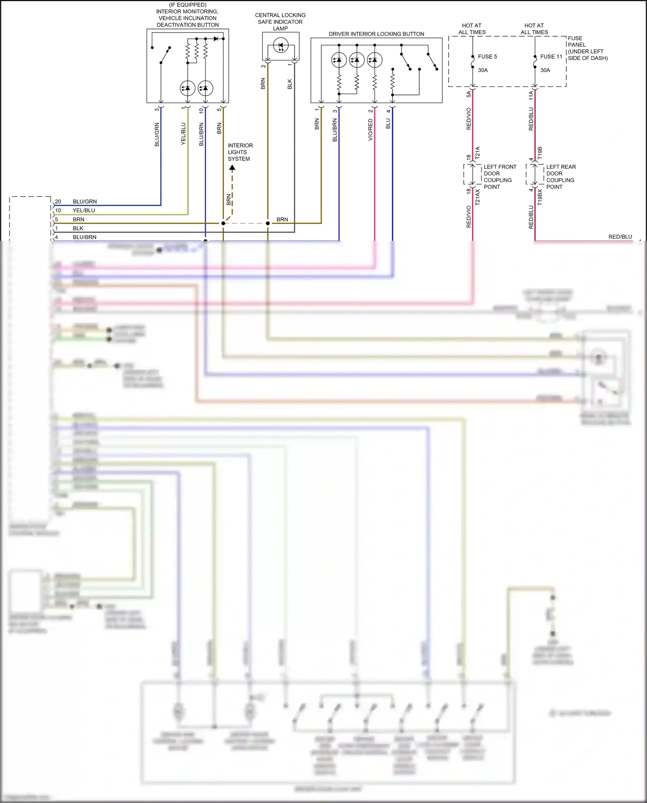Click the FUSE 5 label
(x=487, y=57)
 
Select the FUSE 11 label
(x=551, y=57)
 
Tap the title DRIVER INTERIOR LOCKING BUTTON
(x=376, y=34)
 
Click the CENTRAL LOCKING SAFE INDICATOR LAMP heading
(x=280, y=22)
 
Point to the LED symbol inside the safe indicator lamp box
(x=281, y=45)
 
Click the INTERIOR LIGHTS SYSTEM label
(x=240, y=152)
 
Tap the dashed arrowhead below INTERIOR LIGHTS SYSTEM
(x=232, y=167)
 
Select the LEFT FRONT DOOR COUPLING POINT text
(x=499, y=176)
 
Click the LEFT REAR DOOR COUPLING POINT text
(x=561, y=176)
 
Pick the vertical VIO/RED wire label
(x=370, y=130)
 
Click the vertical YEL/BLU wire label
(x=183, y=133)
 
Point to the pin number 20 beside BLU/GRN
(x=58, y=202)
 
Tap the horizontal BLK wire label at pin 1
(x=78, y=228)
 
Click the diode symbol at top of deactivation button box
(x=216, y=38)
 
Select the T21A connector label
(x=477, y=153)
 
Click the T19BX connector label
(x=540, y=197)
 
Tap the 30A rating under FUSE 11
(x=545, y=70)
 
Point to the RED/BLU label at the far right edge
(x=620, y=236)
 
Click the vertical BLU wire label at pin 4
(x=388, y=123)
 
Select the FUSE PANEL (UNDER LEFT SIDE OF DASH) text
(x=587, y=48)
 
